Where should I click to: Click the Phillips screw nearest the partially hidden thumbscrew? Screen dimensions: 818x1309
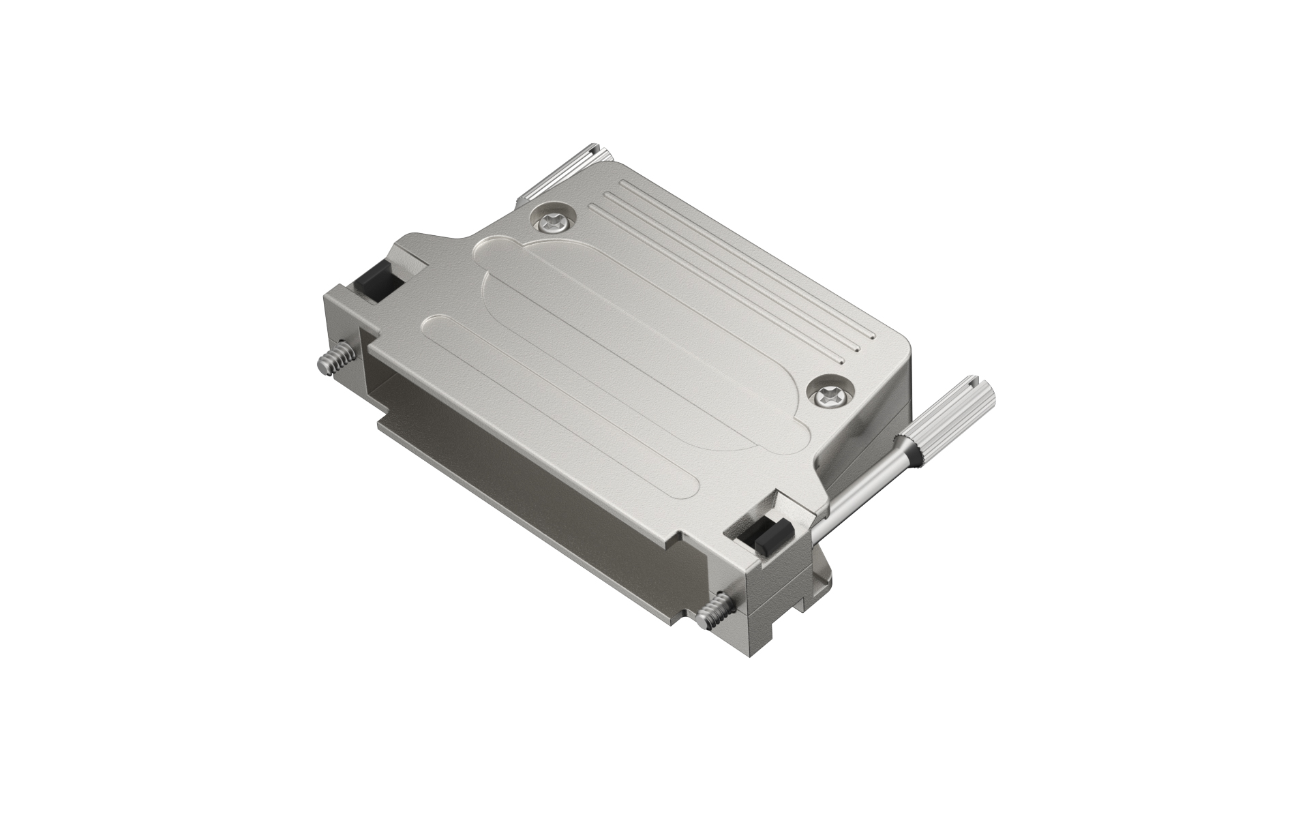(553, 219)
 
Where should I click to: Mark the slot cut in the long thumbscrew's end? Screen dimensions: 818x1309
(980, 388)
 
